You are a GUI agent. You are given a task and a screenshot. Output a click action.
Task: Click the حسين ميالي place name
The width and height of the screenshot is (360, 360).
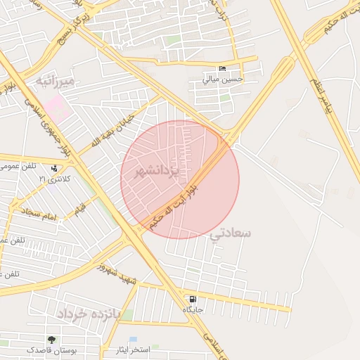(x=222, y=79)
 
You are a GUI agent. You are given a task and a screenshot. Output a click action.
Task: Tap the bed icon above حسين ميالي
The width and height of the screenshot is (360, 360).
(x=223, y=69)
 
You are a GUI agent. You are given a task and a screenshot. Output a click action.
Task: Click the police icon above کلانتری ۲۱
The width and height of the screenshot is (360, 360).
(x=53, y=168)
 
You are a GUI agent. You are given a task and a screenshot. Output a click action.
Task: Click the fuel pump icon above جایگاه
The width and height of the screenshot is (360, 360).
(x=193, y=300)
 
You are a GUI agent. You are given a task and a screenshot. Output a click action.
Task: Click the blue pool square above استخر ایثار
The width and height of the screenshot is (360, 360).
(x=133, y=340)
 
